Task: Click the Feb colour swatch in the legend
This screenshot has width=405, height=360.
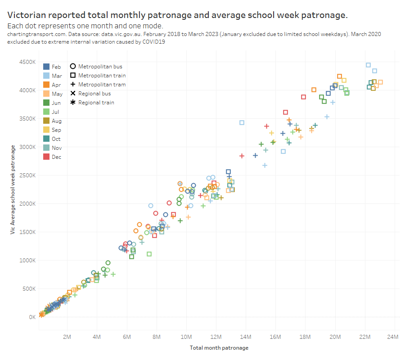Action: click(46, 67)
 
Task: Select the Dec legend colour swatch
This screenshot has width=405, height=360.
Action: click(46, 157)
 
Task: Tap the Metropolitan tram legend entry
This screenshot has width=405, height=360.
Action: click(102, 84)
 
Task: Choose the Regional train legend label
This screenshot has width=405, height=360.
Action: click(96, 102)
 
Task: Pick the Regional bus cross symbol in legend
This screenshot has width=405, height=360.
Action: click(72, 93)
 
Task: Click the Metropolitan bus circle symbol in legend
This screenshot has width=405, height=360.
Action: click(72, 66)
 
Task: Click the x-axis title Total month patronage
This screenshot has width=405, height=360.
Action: click(219, 348)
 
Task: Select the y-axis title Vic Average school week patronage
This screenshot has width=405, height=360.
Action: click(13, 189)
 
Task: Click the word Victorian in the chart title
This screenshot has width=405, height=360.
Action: click(29, 15)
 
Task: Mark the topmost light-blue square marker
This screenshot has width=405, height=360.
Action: click(368, 65)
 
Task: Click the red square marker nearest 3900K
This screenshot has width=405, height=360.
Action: click(303, 97)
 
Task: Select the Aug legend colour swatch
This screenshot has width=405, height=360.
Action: click(46, 121)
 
